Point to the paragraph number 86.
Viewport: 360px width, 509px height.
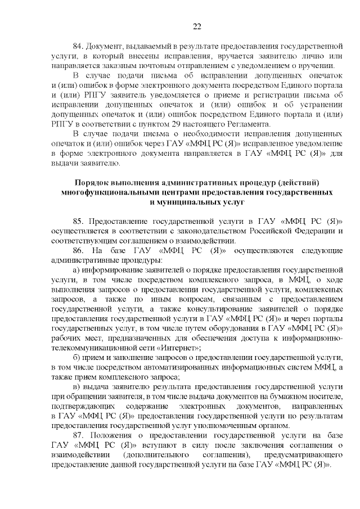[79, 250]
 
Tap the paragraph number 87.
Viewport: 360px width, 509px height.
[79, 436]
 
